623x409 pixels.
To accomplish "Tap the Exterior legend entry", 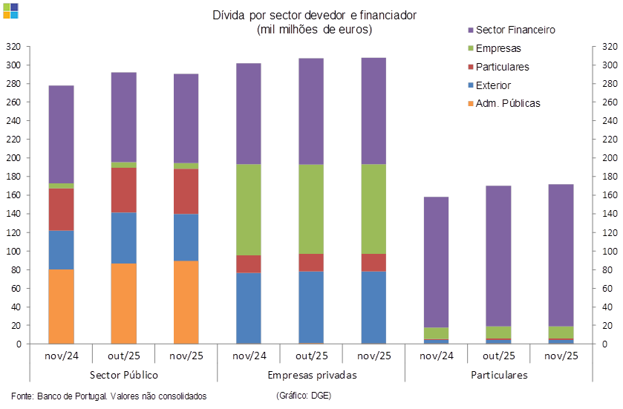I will [493, 85].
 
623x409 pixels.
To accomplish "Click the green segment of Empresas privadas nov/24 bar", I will [248, 209].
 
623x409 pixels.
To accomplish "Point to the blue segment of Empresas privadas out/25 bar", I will [311, 307].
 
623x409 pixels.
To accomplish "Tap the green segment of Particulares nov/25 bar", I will [561, 332].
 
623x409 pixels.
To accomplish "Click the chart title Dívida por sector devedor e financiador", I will [314, 15].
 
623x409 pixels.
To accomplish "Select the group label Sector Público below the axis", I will [123, 375].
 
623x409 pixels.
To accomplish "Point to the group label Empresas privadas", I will [312, 375].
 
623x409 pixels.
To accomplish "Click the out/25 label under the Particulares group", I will [499, 356].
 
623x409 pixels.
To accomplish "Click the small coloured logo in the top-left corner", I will [11, 10].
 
